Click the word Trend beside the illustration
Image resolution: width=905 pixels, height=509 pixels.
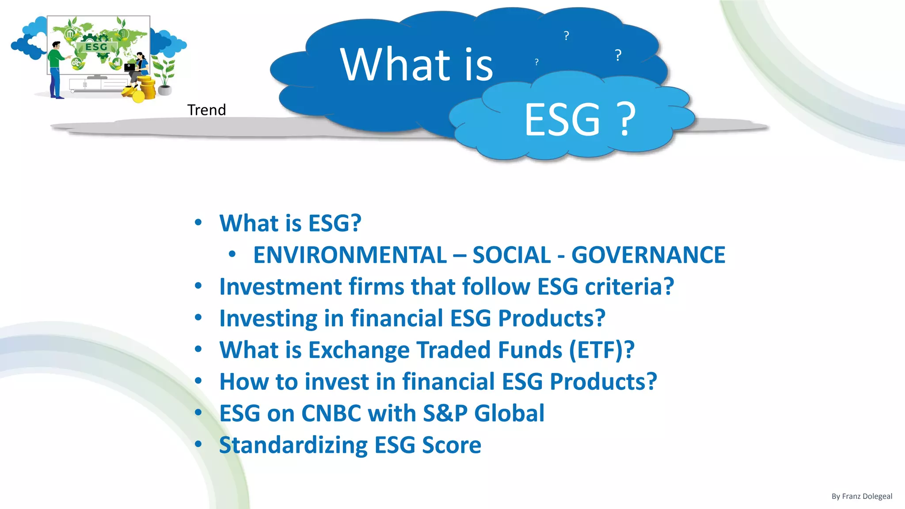206,110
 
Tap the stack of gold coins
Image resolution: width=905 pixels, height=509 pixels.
147,87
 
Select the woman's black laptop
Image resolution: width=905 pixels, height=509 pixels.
130,68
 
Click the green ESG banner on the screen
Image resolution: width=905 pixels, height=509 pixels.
96,47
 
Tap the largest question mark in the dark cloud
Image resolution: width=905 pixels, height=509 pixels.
618,55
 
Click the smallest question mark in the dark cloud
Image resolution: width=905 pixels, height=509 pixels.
536,62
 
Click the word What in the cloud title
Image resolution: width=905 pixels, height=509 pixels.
395,65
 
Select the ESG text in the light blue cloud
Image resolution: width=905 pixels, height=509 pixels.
562,119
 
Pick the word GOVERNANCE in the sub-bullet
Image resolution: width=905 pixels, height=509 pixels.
648,255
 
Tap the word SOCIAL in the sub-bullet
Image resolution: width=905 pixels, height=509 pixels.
512,255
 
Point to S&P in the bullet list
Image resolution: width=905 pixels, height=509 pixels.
445,414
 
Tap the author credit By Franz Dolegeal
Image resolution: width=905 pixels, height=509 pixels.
862,496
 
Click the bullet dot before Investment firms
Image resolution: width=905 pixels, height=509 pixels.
198,286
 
